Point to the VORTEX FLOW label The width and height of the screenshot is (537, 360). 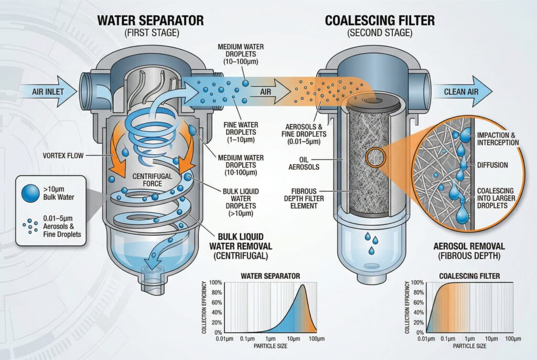[x=68, y=155]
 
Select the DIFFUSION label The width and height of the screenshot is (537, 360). [x=492, y=165]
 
